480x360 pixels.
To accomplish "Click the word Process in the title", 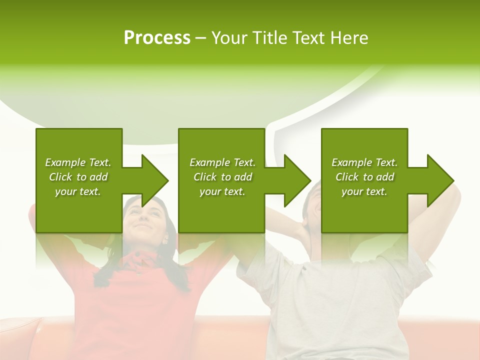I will [157, 38].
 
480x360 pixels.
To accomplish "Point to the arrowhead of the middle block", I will [296, 180].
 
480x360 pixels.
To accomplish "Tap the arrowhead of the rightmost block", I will [439, 180].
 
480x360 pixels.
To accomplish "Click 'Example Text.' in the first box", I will [78, 162].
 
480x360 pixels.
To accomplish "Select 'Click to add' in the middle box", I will [222, 177].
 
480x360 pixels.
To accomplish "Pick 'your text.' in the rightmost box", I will [364, 191].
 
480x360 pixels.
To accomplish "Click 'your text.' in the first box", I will [78, 191].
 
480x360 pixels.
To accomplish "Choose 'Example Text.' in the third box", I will [364, 162].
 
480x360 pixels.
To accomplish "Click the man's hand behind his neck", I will [300, 232].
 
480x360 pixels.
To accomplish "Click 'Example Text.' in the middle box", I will [222, 162].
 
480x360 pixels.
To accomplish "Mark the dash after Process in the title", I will [200, 38].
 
